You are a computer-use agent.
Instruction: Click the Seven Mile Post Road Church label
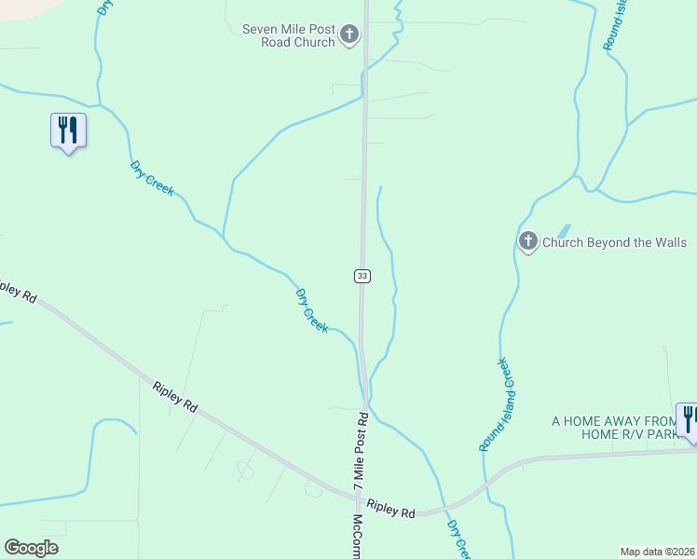[x=288, y=35]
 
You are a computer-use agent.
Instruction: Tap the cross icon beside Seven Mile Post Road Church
[x=349, y=35]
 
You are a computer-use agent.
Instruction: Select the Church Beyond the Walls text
[x=615, y=243]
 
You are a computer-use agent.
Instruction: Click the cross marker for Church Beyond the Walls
[x=527, y=242]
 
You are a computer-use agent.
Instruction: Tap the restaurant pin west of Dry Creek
[x=67, y=130]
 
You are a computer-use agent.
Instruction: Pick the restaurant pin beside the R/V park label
[x=690, y=420]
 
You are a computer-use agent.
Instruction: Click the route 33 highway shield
[x=362, y=276]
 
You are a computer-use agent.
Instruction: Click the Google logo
[x=31, y=548]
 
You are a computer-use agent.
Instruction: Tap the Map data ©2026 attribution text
[x=657, y=552]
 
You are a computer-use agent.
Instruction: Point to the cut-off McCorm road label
[x=358, y=537]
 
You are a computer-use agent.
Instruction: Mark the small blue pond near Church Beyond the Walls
[x=563, y=230]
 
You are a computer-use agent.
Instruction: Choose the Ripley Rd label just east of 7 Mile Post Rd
[x=391, y=508]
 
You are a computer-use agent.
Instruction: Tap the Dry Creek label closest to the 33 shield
[x=312, y=311]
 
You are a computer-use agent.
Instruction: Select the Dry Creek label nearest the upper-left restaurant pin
[x=152, y=177]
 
